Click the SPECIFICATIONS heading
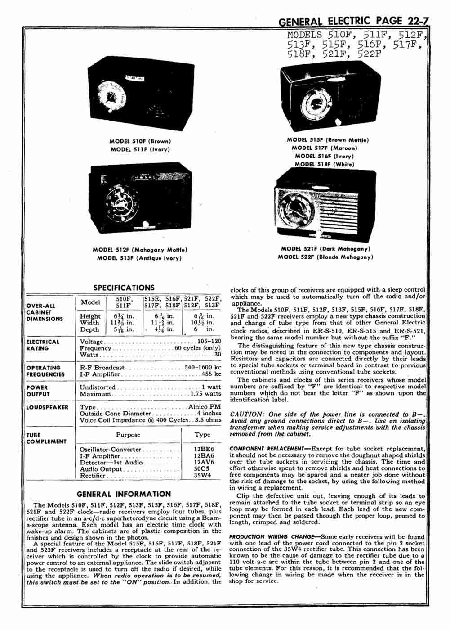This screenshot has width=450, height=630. coord(124,288)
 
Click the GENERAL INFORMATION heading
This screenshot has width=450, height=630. coord(124,494)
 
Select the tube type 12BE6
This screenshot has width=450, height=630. coord(204,449)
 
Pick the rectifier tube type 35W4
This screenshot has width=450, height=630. coord(202,475)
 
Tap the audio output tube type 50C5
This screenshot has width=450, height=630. coord(202,469)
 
